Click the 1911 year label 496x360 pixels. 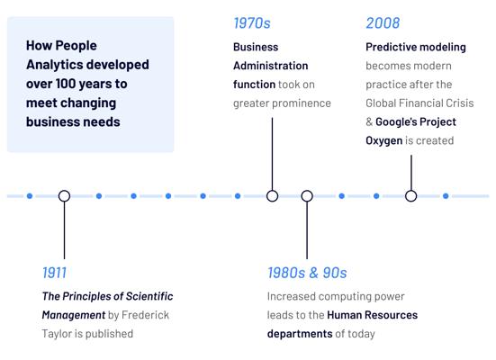54,273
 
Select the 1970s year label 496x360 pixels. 252,23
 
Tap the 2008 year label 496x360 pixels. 383,23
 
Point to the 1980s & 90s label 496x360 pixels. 307,273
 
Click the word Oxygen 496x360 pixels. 384,140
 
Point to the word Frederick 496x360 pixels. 145,315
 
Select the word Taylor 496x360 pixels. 56,334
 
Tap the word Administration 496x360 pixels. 270,66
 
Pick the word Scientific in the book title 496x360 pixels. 149,296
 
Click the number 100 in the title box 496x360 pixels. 66,84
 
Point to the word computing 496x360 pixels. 345,296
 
